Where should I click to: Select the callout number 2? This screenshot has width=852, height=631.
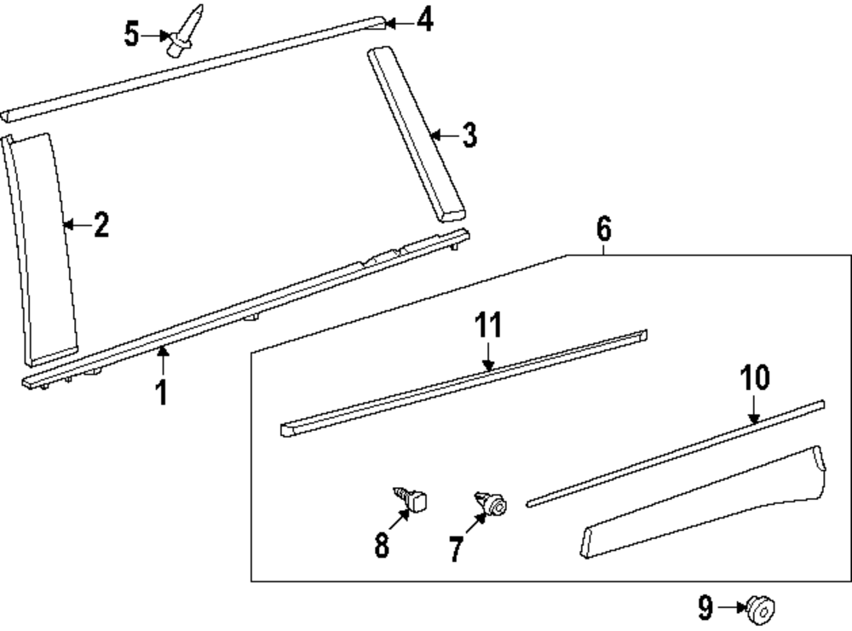[101, 226]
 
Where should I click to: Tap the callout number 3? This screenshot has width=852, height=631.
[469, 135]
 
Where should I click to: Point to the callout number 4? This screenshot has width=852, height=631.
[424, 20]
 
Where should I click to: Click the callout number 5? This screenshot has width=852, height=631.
[130, 35]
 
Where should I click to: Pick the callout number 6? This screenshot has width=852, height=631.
[603, 229]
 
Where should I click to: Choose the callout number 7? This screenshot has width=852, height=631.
[457, 550]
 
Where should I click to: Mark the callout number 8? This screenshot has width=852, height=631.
[382, 546]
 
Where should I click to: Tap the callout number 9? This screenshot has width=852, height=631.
[705, 608]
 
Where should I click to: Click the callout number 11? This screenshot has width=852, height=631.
[489, 325]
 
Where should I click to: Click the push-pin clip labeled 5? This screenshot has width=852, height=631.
[185, 30]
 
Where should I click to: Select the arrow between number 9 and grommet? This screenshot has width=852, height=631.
[730, 608]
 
